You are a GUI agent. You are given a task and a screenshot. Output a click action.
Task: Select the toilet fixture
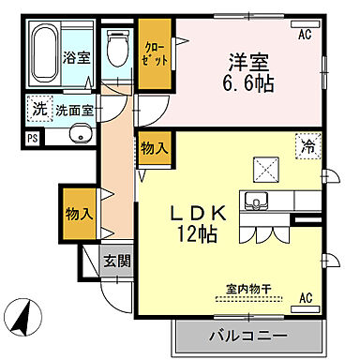point(117,48)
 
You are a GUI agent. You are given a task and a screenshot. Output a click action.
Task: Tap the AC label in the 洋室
point(305,35)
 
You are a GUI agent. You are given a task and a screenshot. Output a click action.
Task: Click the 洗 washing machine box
point(38,108)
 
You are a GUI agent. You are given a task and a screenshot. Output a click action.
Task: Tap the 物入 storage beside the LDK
point(155,148)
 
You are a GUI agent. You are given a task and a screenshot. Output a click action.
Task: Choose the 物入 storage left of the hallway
point(79,213)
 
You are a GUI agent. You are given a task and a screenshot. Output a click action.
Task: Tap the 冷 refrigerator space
point(307,146)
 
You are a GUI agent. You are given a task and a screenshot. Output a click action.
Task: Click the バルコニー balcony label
point(247,335)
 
